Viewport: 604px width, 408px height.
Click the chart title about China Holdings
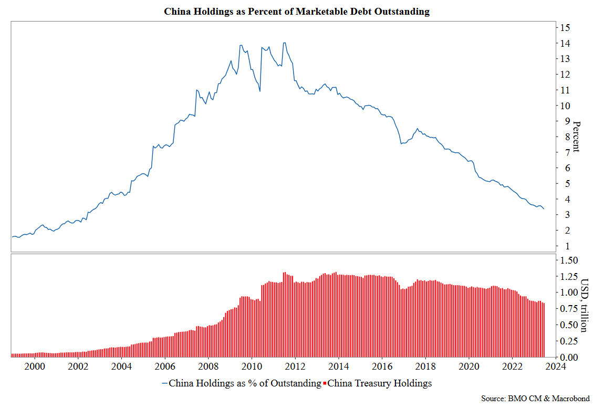(x=297, y=12)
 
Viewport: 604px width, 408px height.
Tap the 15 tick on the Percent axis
(x=565, y=27)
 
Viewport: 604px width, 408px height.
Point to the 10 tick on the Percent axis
(x=565, y=106)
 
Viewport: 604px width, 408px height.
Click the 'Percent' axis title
(x=576, y=137)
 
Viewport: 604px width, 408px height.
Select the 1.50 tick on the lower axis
(x=569, y=260)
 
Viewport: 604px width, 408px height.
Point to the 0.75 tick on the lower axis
(x=569, y=309)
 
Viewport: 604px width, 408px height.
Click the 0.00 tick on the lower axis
(x=569, y=357)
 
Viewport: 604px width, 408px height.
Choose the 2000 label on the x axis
(x=34, y=367)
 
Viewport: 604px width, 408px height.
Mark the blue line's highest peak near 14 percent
(x=284, y=43)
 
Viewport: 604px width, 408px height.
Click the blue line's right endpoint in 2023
(x=544, y=209)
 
